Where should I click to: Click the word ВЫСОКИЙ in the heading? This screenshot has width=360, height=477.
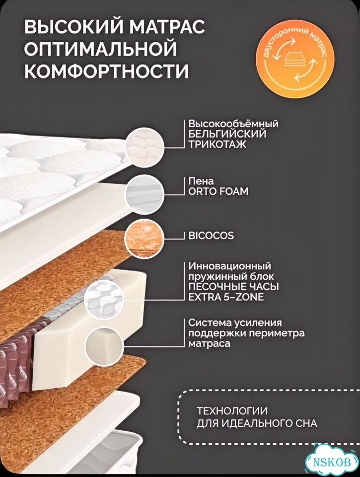[73, 27]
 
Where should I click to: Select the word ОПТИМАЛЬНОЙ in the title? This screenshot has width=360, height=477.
[100, 49]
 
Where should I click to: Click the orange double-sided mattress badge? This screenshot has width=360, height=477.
[295, 57]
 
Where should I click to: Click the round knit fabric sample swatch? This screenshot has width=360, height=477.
[144, 147]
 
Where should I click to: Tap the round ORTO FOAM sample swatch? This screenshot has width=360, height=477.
[144, 194]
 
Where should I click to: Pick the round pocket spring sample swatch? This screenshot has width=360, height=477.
[104, 299]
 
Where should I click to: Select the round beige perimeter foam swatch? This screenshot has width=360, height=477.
[105, 346]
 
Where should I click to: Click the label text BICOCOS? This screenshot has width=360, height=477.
[211, 236]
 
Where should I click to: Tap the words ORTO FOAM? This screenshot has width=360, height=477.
[218, 191]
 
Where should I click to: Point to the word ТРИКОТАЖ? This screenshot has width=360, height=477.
[217, 144]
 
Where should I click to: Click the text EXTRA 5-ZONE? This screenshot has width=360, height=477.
[226, 297]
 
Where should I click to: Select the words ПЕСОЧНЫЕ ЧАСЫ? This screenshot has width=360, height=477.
[233, 287]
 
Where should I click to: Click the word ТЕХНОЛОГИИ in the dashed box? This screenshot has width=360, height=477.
[232, 411]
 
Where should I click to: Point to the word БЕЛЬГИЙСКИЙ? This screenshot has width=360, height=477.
[227, 134]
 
